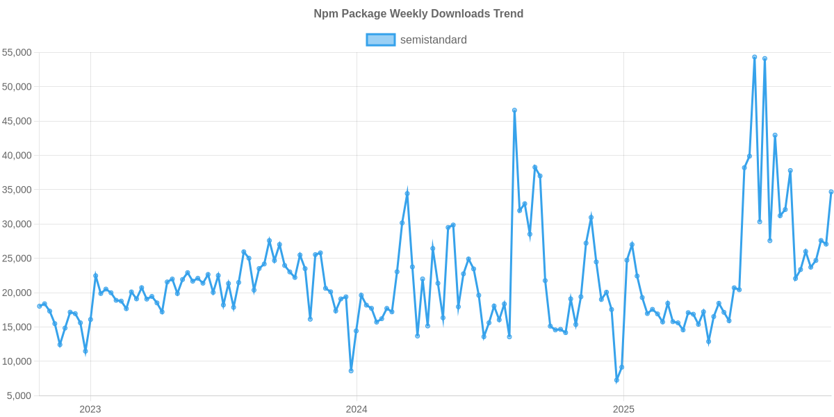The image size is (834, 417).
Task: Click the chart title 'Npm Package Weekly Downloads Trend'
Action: [x=418, y=14]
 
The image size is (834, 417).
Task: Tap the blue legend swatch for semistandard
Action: [x=380, y=40]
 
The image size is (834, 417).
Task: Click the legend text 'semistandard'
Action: [x=433, y=40]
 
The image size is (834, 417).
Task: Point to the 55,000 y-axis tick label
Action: [x=17, y=53]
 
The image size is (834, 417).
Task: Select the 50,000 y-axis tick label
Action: [x=17, y=87]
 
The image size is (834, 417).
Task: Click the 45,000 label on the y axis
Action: [x=17, y=121]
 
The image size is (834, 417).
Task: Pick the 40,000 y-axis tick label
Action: [x=17, y=156]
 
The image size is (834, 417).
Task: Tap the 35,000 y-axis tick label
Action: [x=17, y=190]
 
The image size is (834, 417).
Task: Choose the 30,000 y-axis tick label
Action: [x=17, y=224]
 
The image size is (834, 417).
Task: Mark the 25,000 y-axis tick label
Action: [x=17, y=259]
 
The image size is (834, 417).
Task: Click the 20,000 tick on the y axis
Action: [x=17, y=293]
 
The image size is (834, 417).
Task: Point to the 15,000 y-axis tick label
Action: [x=17, y=327]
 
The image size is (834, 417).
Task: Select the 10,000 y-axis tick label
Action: [x=17, y=361]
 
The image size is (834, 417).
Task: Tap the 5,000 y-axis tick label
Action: [x=20, y=396]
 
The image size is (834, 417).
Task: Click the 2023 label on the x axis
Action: [x=90, y=409]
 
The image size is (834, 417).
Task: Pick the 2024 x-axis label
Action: [x=357, y=409]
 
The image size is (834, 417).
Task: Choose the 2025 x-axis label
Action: [x=623, y=409]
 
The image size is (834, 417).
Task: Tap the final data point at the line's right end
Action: [x=831, y=192]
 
